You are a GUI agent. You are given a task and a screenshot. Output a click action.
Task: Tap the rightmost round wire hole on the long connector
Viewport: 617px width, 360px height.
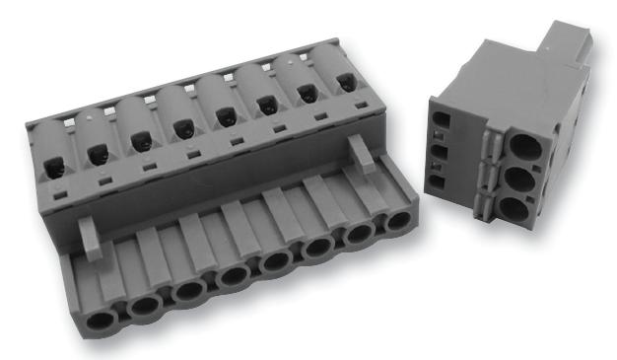[x=396, y=220]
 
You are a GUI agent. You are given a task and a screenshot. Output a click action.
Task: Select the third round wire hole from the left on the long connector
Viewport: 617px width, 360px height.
[x=188, y=293]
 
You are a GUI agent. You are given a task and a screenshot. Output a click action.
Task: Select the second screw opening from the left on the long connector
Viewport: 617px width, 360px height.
[x=98, y=153]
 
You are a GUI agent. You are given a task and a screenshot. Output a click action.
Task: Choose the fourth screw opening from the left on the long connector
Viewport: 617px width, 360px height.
[x=182, y=127]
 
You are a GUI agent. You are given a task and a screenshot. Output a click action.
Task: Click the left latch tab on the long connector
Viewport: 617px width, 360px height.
[x=90, y=237]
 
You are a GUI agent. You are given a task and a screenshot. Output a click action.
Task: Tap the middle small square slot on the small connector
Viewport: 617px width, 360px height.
[x=441, y=154]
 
